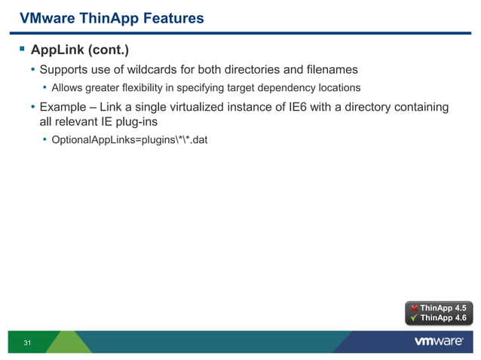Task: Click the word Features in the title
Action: pyautogui.click(x=172, y=17)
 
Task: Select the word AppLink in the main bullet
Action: pyautogui.click(x=54, y=51)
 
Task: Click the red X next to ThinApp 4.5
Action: pyautogui.click(x=414, y=308)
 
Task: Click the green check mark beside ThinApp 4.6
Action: pyautogui.click(x=414, y=318)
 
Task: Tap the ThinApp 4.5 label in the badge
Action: pyautogui.click(x=443, y=308)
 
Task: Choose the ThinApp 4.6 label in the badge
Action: pyautogui.click(x=443, y=318)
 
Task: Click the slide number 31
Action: pyautogui.click(x=28, y=343)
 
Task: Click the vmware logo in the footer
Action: pyautogui.click(x=437, y=342)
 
